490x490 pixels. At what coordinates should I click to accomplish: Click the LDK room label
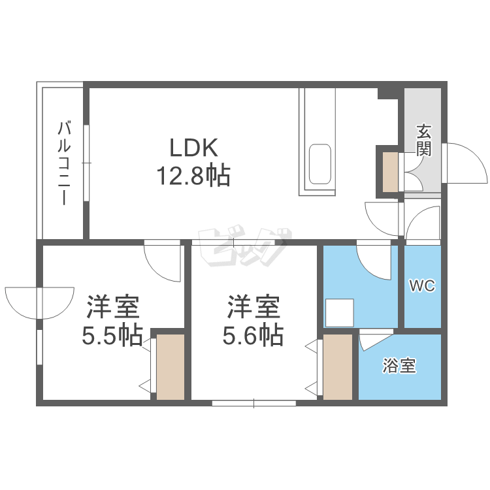[x=193, y=148]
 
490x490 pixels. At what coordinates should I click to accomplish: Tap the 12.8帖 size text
[x=193, y=176]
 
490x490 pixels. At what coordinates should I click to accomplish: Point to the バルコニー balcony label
[x=65, y=164]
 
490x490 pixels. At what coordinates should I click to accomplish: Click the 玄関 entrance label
[x=423, y=140]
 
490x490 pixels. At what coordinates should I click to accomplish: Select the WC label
[x=422, y=286]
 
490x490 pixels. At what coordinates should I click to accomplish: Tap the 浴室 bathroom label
[x=399, y=366]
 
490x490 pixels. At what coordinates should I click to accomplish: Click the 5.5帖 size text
[x=112, y=336]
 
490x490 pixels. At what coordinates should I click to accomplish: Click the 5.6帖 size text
[x=253, y=336]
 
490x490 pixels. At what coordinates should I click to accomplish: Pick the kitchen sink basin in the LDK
[x=319, y=165]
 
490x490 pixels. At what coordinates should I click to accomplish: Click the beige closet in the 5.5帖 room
[x=171, y=367]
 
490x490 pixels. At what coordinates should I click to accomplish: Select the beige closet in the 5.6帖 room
[x=338, y=367]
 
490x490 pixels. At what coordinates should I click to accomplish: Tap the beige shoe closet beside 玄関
[x=391, y=172]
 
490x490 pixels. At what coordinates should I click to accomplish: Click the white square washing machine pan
[x=340, y=313]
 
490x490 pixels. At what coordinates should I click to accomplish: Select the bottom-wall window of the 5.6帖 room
[x=254, y=403]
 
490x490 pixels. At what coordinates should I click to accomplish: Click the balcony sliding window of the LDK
[x=86, y=163]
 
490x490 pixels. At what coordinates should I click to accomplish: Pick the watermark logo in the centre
[x=245, y=246]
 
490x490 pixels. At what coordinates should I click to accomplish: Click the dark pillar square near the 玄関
[x=388, y=93]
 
